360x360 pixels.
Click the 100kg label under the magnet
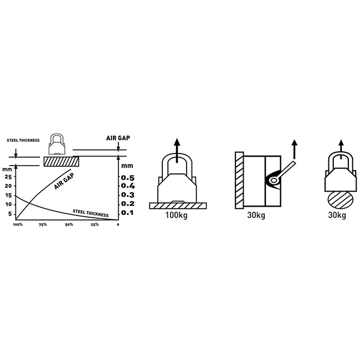pyautogui.click(x=176, y=215)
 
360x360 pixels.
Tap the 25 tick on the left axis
pyautogui.click(x=8, y=177)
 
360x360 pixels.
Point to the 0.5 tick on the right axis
pyautogui.click(x=127, y=178)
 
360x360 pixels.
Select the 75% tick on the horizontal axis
pyautogui.click(x=43, y=224)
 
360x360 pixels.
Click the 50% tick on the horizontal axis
pyautogui.click(x=69, y=224)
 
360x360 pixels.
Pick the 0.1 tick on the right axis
pyautogui.click(x=127, y=213)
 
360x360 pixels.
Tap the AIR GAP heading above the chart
pyautogui.click(x=118, y=138)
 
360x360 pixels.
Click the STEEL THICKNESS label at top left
pyautogui.click(x=23, y=140)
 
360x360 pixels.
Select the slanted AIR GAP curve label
pyautogui.click(x=64, y=181)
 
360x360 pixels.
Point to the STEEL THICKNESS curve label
pyautogui.click(x=90, y=213)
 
